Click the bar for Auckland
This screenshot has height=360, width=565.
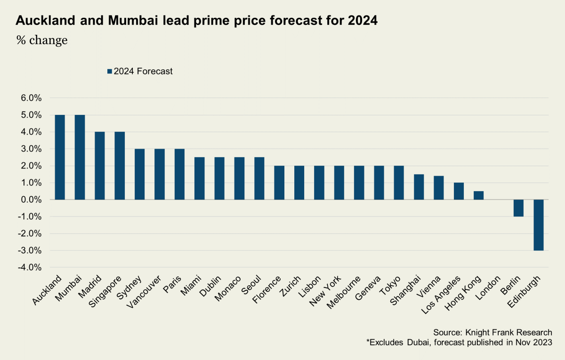click(x=60, y=157)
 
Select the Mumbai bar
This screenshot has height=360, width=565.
click(x=80, y=157)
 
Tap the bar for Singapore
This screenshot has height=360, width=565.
click(x=120, y=166)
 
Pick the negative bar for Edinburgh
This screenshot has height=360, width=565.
click(x=539, y=225)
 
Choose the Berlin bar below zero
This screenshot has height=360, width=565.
click(x=518, y=208)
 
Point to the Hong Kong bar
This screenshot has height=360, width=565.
click(x=479, y=195)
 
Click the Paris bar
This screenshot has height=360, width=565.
click(x=179, y=174)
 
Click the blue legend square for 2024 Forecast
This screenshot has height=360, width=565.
click(x=110, y=72)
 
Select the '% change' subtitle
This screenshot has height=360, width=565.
click(x=42, y=40)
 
